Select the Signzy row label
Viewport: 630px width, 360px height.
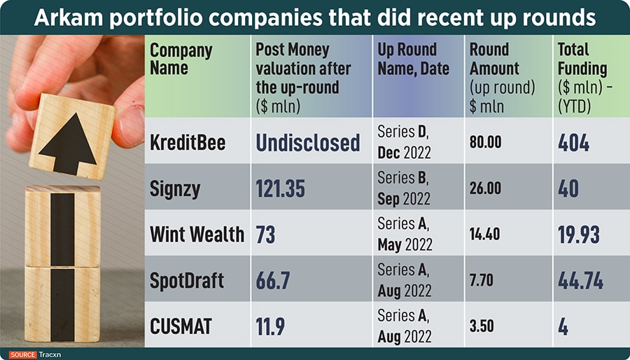click(176, 189)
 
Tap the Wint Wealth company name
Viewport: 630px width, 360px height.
click(197, 234)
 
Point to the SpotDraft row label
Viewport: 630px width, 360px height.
click(187, 280)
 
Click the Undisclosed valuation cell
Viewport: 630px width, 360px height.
click(307, 143)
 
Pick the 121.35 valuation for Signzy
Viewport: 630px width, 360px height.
click(280, 189)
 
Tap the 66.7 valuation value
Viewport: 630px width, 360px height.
click(274, 280)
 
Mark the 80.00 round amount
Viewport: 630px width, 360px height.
click(485, 143)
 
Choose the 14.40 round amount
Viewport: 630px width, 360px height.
click(484, 234)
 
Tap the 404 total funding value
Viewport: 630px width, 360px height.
click(573, 143)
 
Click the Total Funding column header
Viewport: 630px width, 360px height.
click(582, 77)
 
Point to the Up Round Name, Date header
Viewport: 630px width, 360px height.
click(407, 60)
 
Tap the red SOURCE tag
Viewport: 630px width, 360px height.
click(23, 354)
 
